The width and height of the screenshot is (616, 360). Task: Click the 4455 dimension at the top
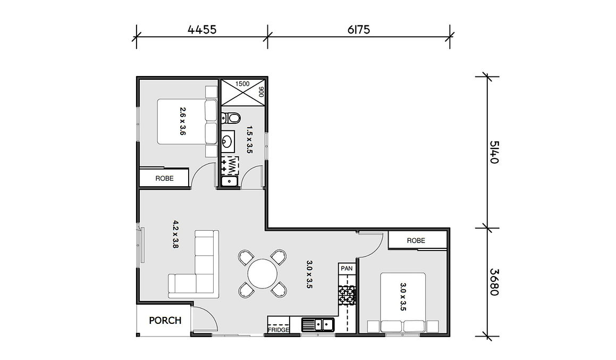pos(202,30)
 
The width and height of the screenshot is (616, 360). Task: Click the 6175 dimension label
pos(359,30)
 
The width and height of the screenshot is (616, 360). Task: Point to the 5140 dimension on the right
pos(494,152)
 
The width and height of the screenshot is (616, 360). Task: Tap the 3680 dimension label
pos(494,282)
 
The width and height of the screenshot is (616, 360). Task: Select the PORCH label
pos(165,321)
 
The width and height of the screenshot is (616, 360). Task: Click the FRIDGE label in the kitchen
pos(278,330)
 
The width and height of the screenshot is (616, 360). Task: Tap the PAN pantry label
pos(347,269)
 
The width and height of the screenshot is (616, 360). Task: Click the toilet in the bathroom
pos(231,118)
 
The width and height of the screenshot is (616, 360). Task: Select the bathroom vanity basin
pos(228,141)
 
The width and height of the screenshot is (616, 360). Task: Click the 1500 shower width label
pos(242,84)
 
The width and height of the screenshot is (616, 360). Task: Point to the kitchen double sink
pos(318,324)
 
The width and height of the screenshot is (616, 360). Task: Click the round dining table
pos(263,273)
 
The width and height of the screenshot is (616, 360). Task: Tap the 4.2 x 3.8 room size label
pos(175,234)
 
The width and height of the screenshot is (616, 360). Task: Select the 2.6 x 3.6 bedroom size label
pos(182,121)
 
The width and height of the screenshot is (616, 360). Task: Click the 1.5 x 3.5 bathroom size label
pos(249,139)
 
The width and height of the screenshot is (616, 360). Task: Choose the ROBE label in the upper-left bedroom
pos(164,179)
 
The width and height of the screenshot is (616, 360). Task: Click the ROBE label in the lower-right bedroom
pos(416,240)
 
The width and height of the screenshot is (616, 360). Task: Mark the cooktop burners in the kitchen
pos(347,295)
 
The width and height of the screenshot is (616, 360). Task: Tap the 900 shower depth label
pos(261,93)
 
